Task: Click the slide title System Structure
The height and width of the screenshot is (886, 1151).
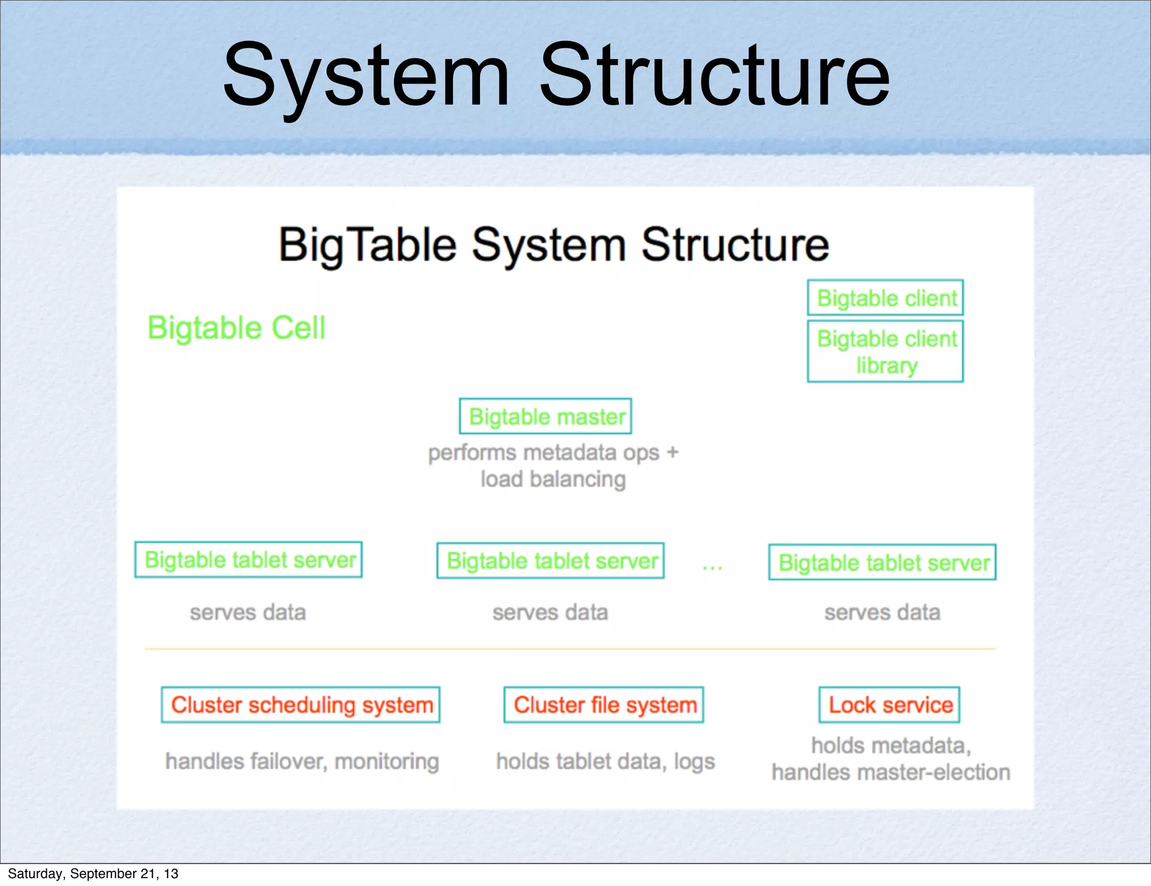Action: coord(556,76)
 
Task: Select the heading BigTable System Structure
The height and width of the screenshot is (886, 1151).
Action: coord(554,245)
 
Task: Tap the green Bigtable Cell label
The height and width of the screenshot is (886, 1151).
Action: coord(236,328)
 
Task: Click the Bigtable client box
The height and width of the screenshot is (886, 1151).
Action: coord(885,298)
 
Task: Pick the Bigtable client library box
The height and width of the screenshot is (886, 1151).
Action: coord(885,352)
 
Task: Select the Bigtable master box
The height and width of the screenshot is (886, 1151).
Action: coord(545,417)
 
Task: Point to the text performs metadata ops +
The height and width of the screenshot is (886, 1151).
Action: coord(553,453)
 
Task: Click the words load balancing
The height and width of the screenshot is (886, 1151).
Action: coord(553,480)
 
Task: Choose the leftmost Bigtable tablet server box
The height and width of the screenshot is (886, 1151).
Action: coord(248,560)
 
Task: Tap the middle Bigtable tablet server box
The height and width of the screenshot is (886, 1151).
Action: coord(550,561)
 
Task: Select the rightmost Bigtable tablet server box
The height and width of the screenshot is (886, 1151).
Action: coord(882,562)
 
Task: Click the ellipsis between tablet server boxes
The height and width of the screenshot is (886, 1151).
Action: coord(712,568)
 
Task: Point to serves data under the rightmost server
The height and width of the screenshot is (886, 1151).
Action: coord(882,612)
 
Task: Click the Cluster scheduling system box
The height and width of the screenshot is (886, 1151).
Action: coord(301,705)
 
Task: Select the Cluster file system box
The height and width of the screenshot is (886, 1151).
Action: coord(604,705)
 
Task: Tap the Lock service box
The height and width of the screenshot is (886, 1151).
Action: coord(889,705)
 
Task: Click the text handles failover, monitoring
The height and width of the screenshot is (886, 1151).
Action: coord(302,761)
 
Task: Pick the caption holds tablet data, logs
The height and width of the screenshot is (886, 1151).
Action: coord(605,761)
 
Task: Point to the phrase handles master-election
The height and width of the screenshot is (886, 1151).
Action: coord(891,773)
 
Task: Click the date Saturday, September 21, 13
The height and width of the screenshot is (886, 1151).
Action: coord(93,874)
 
